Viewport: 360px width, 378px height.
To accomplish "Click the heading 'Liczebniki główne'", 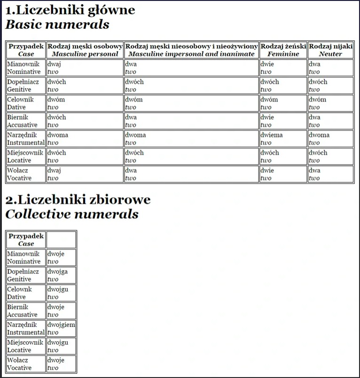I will pos(70,10).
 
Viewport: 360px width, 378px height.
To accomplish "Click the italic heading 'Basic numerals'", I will pos(57,25).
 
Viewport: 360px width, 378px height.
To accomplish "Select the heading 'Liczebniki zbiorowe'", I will pos(78,200).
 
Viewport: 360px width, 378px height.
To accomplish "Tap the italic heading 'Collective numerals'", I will pos(72,215).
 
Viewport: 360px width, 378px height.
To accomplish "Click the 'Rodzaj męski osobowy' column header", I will pos(85,46).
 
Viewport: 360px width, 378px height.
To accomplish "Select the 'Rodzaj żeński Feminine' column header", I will pos(283,50).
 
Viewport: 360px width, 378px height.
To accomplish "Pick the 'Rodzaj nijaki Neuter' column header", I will pos(331,50).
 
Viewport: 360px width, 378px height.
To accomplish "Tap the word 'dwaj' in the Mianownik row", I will pos(55,64).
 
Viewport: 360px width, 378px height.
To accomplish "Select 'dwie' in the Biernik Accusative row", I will pos(267,117).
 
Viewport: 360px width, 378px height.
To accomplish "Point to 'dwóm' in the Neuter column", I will pos(317,100).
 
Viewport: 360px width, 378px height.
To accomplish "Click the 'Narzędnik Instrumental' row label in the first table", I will pos(26,139).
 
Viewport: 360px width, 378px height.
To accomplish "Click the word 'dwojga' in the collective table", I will pos(57,271).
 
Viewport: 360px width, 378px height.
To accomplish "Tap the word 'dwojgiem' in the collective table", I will pos(61,324).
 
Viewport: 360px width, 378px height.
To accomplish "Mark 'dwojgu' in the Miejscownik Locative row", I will pos(58,342).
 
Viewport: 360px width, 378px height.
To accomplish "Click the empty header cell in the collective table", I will pos(61,239).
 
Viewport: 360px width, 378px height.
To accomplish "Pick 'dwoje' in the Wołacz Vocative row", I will pos(56,360).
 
